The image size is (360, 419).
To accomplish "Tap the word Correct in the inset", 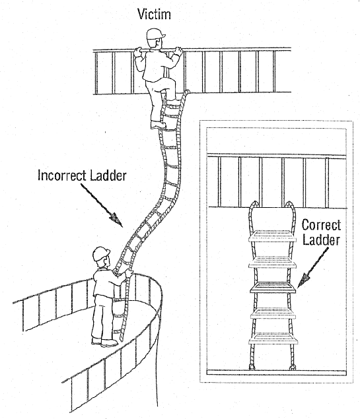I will pyautogui.click(x=320, y=225).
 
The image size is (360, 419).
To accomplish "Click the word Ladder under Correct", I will pyautogui.click(x=322, y=242).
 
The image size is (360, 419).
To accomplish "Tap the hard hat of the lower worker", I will pyautogui.click(x=100, y=253).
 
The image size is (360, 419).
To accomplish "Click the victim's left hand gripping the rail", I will pyautogui.click(x=139, y=52).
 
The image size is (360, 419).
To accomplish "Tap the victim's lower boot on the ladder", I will pyautogui.click(x=159, y=123).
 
